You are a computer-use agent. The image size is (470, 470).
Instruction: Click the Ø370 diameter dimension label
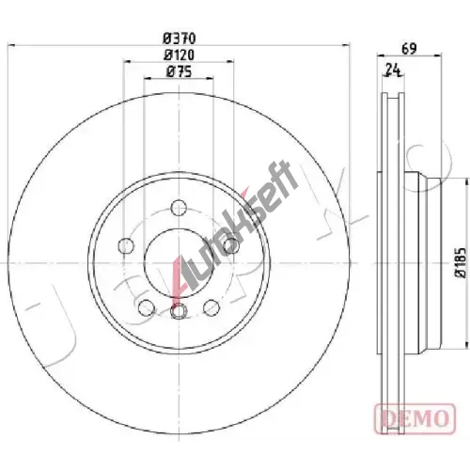coord(180,39)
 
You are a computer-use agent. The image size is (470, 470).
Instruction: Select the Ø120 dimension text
coord(180,55)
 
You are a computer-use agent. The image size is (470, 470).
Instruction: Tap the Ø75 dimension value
coord(180,71)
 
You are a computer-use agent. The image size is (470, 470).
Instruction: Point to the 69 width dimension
coord(410,49)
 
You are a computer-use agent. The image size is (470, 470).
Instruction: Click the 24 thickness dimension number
coord(393,70)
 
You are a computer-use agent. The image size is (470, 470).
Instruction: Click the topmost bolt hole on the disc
coord(180,208)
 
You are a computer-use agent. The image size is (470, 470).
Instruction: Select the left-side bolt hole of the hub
coord(126,246)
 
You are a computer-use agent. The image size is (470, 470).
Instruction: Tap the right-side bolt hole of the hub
coord(231,244)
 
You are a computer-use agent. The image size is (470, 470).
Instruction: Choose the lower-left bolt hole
coord(147,307)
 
